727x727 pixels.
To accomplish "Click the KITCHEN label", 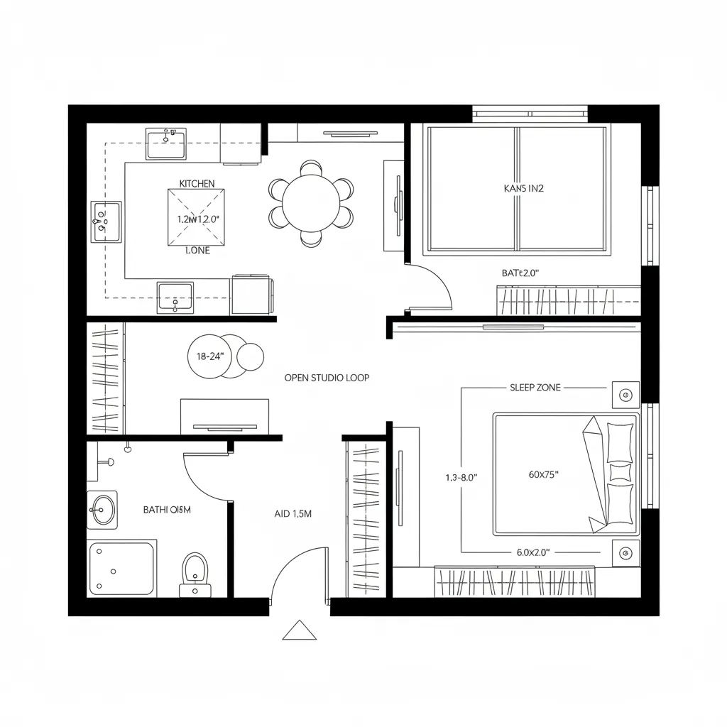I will point(197,184).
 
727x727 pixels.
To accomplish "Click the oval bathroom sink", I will point(102,509).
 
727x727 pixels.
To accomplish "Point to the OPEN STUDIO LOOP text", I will point(327,378).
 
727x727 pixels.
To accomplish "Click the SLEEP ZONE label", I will point(535,388).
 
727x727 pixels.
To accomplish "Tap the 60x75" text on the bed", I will point(544,476).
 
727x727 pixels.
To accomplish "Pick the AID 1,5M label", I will point(293,514).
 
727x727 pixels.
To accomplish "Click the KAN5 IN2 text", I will point(523,189).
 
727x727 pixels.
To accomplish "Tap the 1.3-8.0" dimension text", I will point(459,478).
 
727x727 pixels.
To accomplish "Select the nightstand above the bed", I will point(625,395).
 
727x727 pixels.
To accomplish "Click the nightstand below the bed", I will point(625,552).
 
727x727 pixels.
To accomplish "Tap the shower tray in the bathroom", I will point(122,569).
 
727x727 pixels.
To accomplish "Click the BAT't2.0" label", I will point(520,272).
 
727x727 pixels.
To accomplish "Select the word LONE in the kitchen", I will point(197,251).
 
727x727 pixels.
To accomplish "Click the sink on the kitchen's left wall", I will point(105,221).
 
